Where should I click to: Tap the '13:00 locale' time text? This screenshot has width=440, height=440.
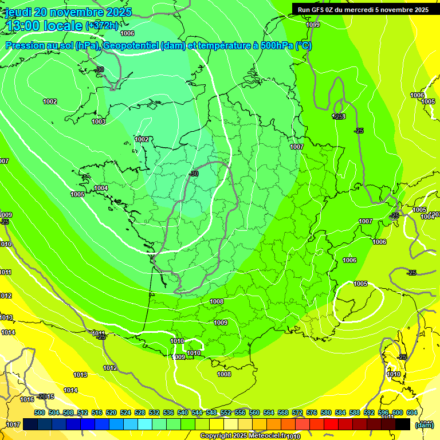pyautogui.click(x=45, y=26)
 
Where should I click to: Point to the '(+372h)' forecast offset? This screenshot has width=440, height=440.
pyautogui.click(x=102, y=26)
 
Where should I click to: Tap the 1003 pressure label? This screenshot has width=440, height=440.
pyautogui.click(x=99, y=121)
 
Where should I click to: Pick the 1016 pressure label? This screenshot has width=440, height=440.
pyautogui.click(x=27, y=399)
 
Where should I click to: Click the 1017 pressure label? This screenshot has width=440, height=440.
pyautogui.click(x=13, y=425)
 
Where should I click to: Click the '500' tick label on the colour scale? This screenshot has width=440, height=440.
pyautogui.click(x=40, y=412)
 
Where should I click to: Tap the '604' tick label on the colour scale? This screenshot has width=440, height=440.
pyautogui.click(x=411, y=412)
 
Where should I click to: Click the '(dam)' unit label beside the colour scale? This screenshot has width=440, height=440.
pyautogui.click(x=424, y=425)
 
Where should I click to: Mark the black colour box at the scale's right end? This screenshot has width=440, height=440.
pyautogui.click(x=402, y=425)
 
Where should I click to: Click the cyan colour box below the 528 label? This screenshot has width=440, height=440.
pyautogui.click(x=146, y=425)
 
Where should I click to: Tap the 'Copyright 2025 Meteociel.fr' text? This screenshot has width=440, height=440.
pyautogui.click(x=242, y=436)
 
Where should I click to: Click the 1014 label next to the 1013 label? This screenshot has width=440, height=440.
pyautogui.click(x=70, y=390)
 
